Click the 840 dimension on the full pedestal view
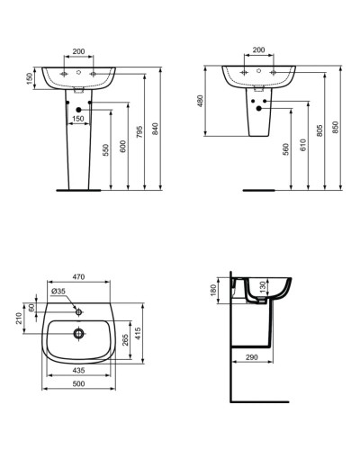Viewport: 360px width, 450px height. [x=155, y=130]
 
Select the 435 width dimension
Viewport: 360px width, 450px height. [x=79, y=371]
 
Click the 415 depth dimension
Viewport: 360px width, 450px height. [x=138, y=336]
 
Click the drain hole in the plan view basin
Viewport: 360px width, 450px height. [x=79, y=332]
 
